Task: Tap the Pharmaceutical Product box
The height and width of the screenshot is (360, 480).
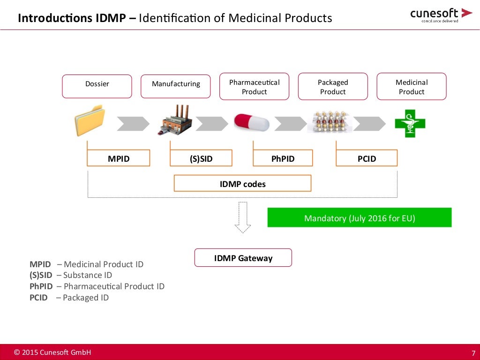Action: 255,87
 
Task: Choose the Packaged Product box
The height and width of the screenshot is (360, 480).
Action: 333,87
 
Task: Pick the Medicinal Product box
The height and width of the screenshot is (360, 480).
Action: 412,87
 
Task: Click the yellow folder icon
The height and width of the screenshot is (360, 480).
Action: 89,121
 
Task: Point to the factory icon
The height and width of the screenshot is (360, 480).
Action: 174,121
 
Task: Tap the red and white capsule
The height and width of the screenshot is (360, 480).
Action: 252,122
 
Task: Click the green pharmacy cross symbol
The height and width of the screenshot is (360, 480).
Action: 410,123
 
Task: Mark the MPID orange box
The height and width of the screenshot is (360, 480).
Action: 119,158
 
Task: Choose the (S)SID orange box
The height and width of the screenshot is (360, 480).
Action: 201,158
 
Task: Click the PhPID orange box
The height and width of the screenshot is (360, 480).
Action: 283,158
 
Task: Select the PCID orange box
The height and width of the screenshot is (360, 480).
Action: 367,158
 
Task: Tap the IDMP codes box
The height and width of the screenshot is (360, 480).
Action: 242,184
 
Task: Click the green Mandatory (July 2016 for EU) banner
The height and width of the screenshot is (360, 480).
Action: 360,218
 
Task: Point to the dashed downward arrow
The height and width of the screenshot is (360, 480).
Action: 242,217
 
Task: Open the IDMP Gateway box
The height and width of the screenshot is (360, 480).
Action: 243,258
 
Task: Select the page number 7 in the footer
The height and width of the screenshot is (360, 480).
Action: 473,353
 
